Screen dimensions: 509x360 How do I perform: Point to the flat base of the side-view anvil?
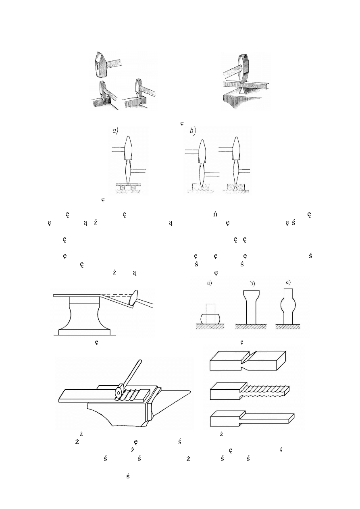[85, 332]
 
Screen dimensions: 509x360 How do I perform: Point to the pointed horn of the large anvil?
[177, 393]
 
